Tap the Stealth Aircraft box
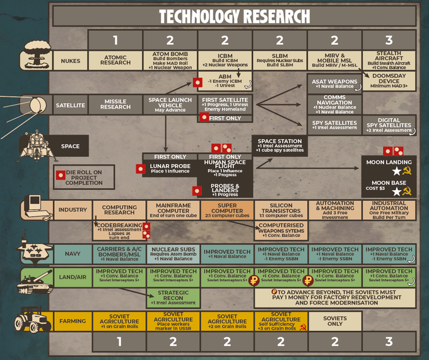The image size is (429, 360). pos(389,60)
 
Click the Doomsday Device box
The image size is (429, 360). pos(389,83)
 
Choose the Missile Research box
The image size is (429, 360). pos(115,104)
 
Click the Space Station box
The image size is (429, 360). pos(280,146)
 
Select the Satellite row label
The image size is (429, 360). pos(70,105)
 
